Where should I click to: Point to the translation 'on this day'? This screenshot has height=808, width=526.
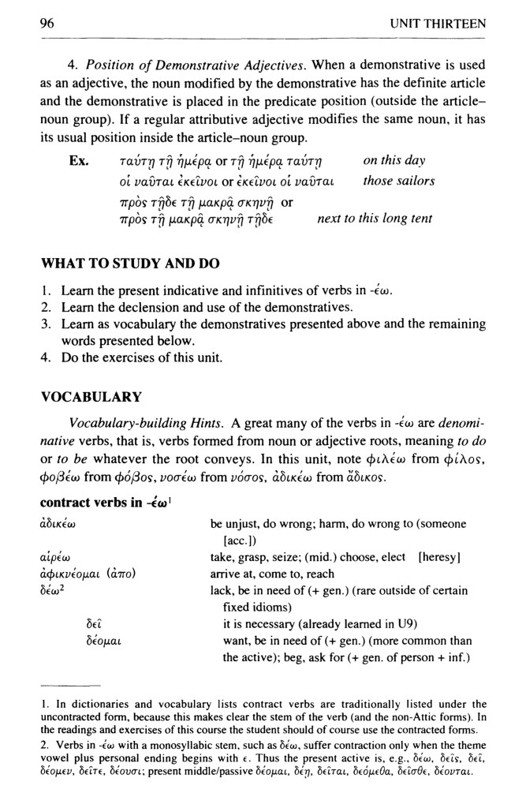(394, 161)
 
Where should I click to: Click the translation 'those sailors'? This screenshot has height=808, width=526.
(398, 181)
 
